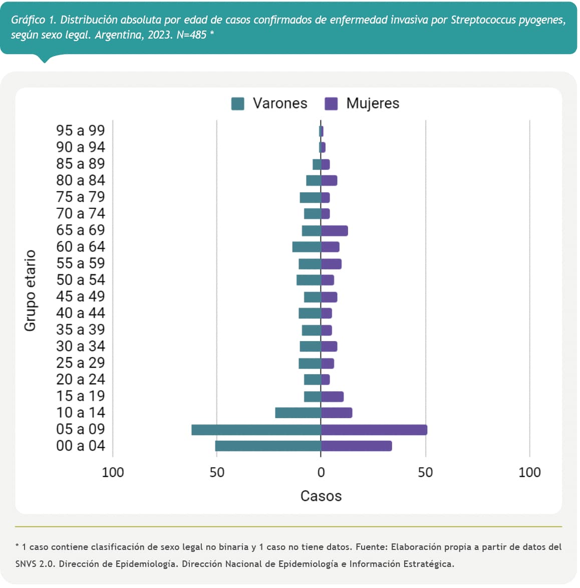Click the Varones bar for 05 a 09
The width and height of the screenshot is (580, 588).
[256, 430]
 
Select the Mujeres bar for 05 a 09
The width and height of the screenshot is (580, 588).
[374, 430]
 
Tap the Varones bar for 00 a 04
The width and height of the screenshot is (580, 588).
[268, 446]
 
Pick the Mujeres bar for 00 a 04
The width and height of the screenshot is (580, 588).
[356, 446]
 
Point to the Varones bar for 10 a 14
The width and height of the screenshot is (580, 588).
[298, 413]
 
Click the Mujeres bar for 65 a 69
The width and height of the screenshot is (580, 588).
[334, 231]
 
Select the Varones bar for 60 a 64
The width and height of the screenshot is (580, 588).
[307, 247]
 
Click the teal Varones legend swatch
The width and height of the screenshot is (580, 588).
[237, 104]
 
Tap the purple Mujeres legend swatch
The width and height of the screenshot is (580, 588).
[331, 104]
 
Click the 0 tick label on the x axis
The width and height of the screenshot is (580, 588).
[321, 472]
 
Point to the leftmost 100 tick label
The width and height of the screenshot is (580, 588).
[113, 472]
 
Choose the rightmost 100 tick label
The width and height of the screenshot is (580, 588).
[529, 472]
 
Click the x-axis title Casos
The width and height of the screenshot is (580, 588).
[321, 496]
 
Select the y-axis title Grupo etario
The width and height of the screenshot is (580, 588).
[31, 290]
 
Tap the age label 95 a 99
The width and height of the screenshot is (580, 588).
[81, 130]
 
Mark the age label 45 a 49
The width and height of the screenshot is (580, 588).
[81, 297]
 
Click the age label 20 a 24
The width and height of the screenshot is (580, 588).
[81, 380]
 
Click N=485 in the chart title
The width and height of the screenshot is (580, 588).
[191, 35]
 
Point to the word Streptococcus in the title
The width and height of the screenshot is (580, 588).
[483, 20]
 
